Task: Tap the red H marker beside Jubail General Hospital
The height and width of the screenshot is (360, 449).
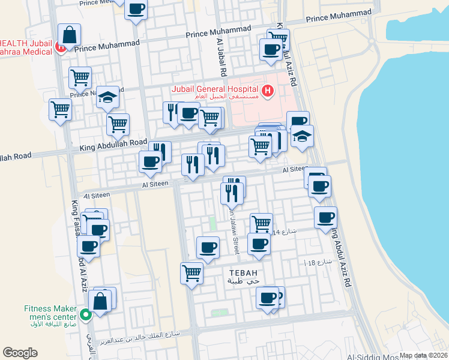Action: [268, 91]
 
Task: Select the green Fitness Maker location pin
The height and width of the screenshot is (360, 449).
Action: [85, 314]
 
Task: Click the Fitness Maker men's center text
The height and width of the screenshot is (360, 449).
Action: [50, 313]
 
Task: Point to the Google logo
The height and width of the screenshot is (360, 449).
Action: [20, 353]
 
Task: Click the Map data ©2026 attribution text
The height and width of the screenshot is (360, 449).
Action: [423, 355]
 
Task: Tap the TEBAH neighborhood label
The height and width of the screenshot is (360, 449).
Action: [243, 272]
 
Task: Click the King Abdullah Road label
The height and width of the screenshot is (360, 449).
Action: [113, 145]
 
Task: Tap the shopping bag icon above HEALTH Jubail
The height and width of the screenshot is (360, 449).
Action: [69, 35]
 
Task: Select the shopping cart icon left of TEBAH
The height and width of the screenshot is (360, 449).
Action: [191, 272]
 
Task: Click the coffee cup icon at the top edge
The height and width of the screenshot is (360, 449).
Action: [136, 9]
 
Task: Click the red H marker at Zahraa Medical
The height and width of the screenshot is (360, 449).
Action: [60, 46]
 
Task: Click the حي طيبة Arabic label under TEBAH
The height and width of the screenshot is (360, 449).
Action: [244, 281]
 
